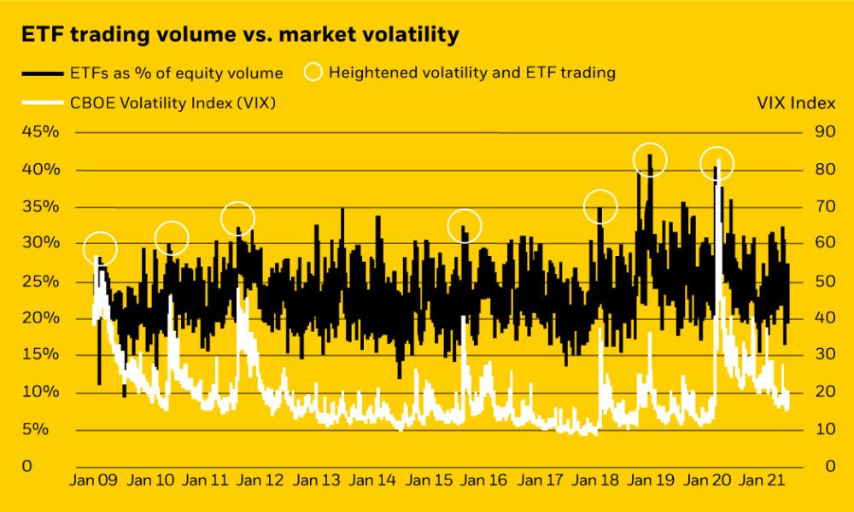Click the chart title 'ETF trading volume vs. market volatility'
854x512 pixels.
[x=240, y=34]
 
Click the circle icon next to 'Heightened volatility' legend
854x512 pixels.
[x=314, y=73]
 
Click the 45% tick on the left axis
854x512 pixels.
[x=40, y=132]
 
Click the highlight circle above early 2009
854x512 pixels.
[x=101, y=248]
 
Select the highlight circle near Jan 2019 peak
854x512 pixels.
[x=650, y=160]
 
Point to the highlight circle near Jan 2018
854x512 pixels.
[x=600, y=207]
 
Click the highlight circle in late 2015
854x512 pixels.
[x=465, y=226]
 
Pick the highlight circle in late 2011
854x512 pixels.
[x=238, y=219]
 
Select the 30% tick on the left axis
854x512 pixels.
[x=40, y=243]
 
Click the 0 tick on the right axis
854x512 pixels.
[x=817, y=467]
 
